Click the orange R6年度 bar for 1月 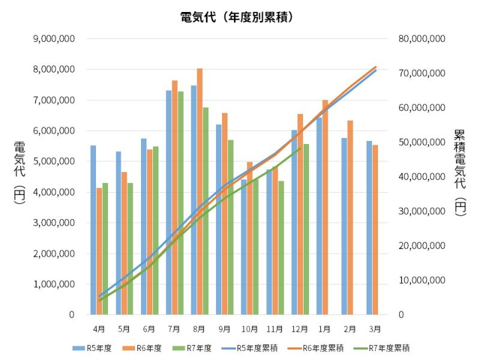(325, 207)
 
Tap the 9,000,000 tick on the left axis (55, 38)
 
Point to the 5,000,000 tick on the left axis (55, 161)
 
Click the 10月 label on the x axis (250, 329)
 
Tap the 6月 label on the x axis (149, 329)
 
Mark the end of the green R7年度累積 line (300, 149)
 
